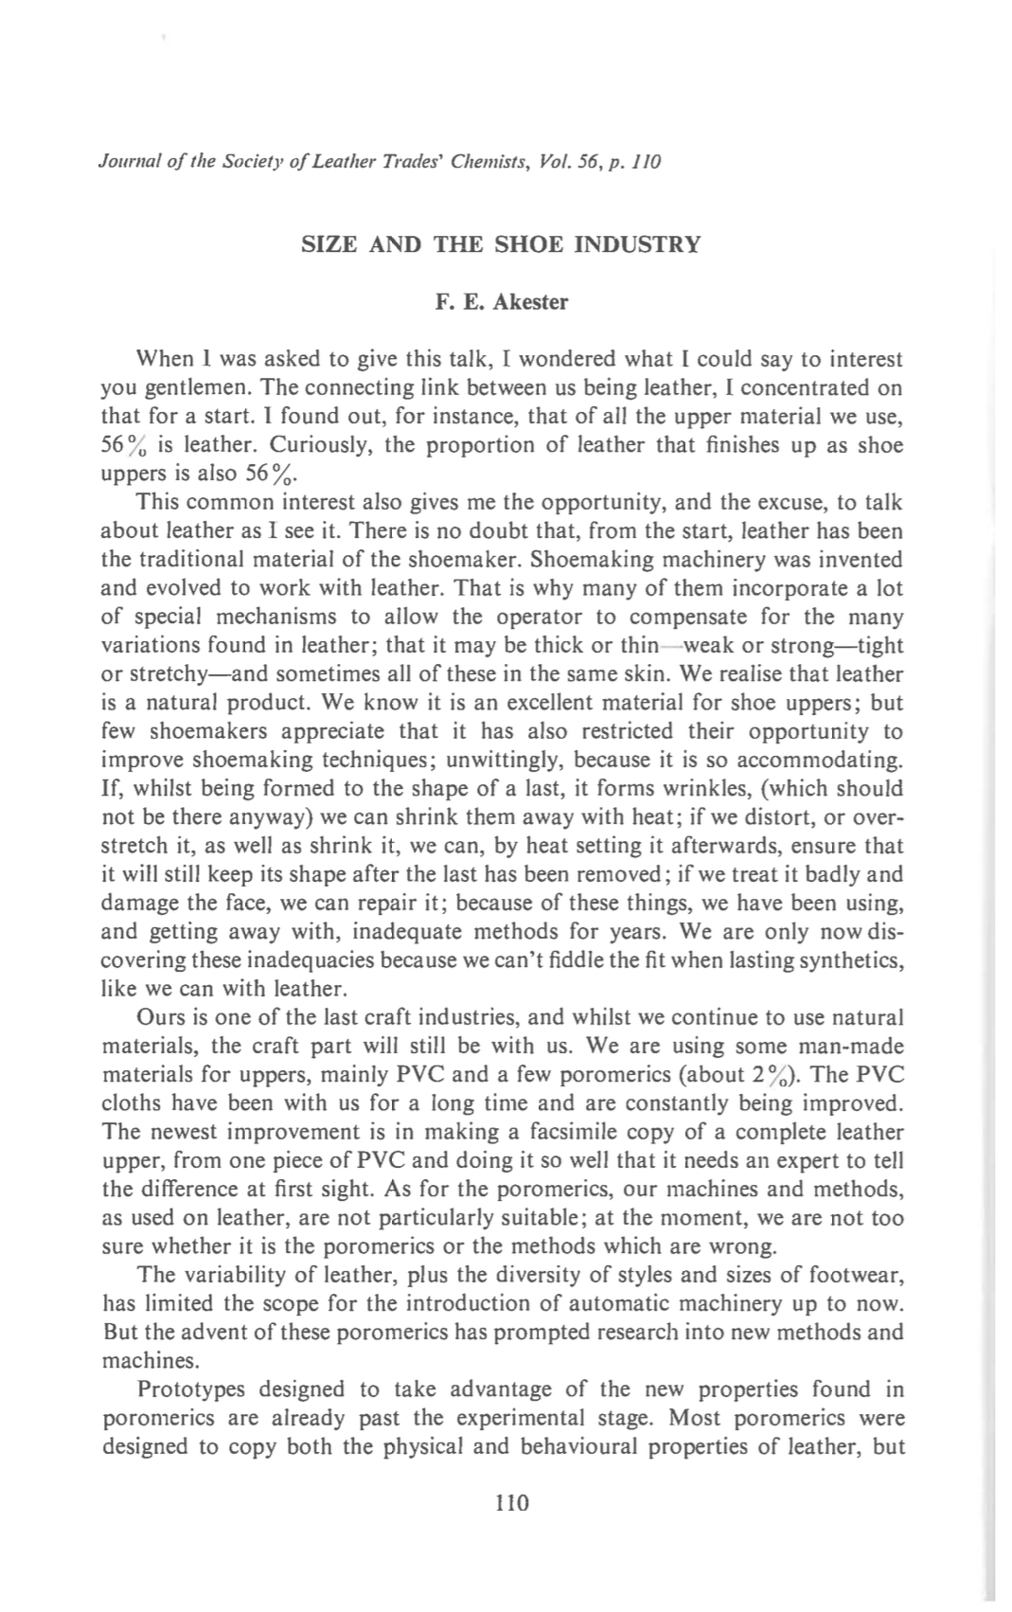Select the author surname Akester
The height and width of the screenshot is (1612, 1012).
point(531,302)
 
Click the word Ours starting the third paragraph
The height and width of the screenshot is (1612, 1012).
point(162,1018)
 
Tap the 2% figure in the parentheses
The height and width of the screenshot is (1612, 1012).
point(787,1075)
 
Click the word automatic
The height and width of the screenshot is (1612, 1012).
point(592,1303)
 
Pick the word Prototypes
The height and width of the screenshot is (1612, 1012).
point(191,1389)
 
